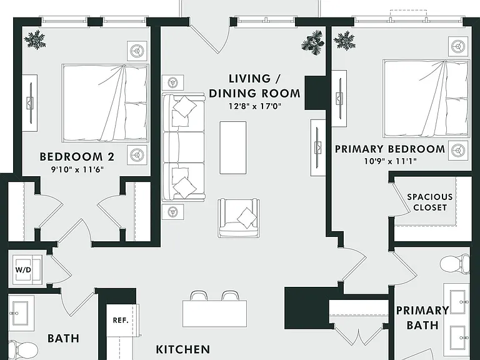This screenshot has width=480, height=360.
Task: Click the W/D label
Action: click(x=23, y=270)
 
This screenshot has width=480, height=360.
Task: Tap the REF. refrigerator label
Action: click(x=121, y=321)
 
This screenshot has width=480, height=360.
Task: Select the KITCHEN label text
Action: click(x=183, y=349)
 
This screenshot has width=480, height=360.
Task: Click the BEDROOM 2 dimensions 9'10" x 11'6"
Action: click(x=77, y=169)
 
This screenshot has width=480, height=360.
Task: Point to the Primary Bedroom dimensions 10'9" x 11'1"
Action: click(x=390, y=161)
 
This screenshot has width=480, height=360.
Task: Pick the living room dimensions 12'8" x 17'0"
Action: click(x=255, y=106)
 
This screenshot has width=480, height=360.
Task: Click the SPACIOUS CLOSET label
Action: click(x=430, y=202)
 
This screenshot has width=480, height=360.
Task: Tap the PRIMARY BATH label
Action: click(x=422, y=317)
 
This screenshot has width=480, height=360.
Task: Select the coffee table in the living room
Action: click(x=233, y=147)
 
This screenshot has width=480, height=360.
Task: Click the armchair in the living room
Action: click(x=239, y=218)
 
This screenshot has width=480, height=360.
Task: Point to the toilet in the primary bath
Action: click(x=454, y=264)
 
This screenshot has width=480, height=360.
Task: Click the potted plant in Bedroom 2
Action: click(x=35, y=39)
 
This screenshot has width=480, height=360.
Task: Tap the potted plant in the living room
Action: click(x=312, y=42)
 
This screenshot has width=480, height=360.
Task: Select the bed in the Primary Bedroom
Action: click(x=426, y=99)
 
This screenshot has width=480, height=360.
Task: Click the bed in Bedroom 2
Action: click(x=105, y=103)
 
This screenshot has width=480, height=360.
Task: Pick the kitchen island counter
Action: click(x=214, y=314)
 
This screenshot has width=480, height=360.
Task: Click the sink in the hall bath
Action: click(x=21, y=313)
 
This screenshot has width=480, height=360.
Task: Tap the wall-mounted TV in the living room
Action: click(x=318, y=147)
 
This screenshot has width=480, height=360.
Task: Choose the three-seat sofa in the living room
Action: click(x=183, y=147)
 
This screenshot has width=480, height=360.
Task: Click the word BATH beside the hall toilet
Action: click(x=64, y=338)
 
